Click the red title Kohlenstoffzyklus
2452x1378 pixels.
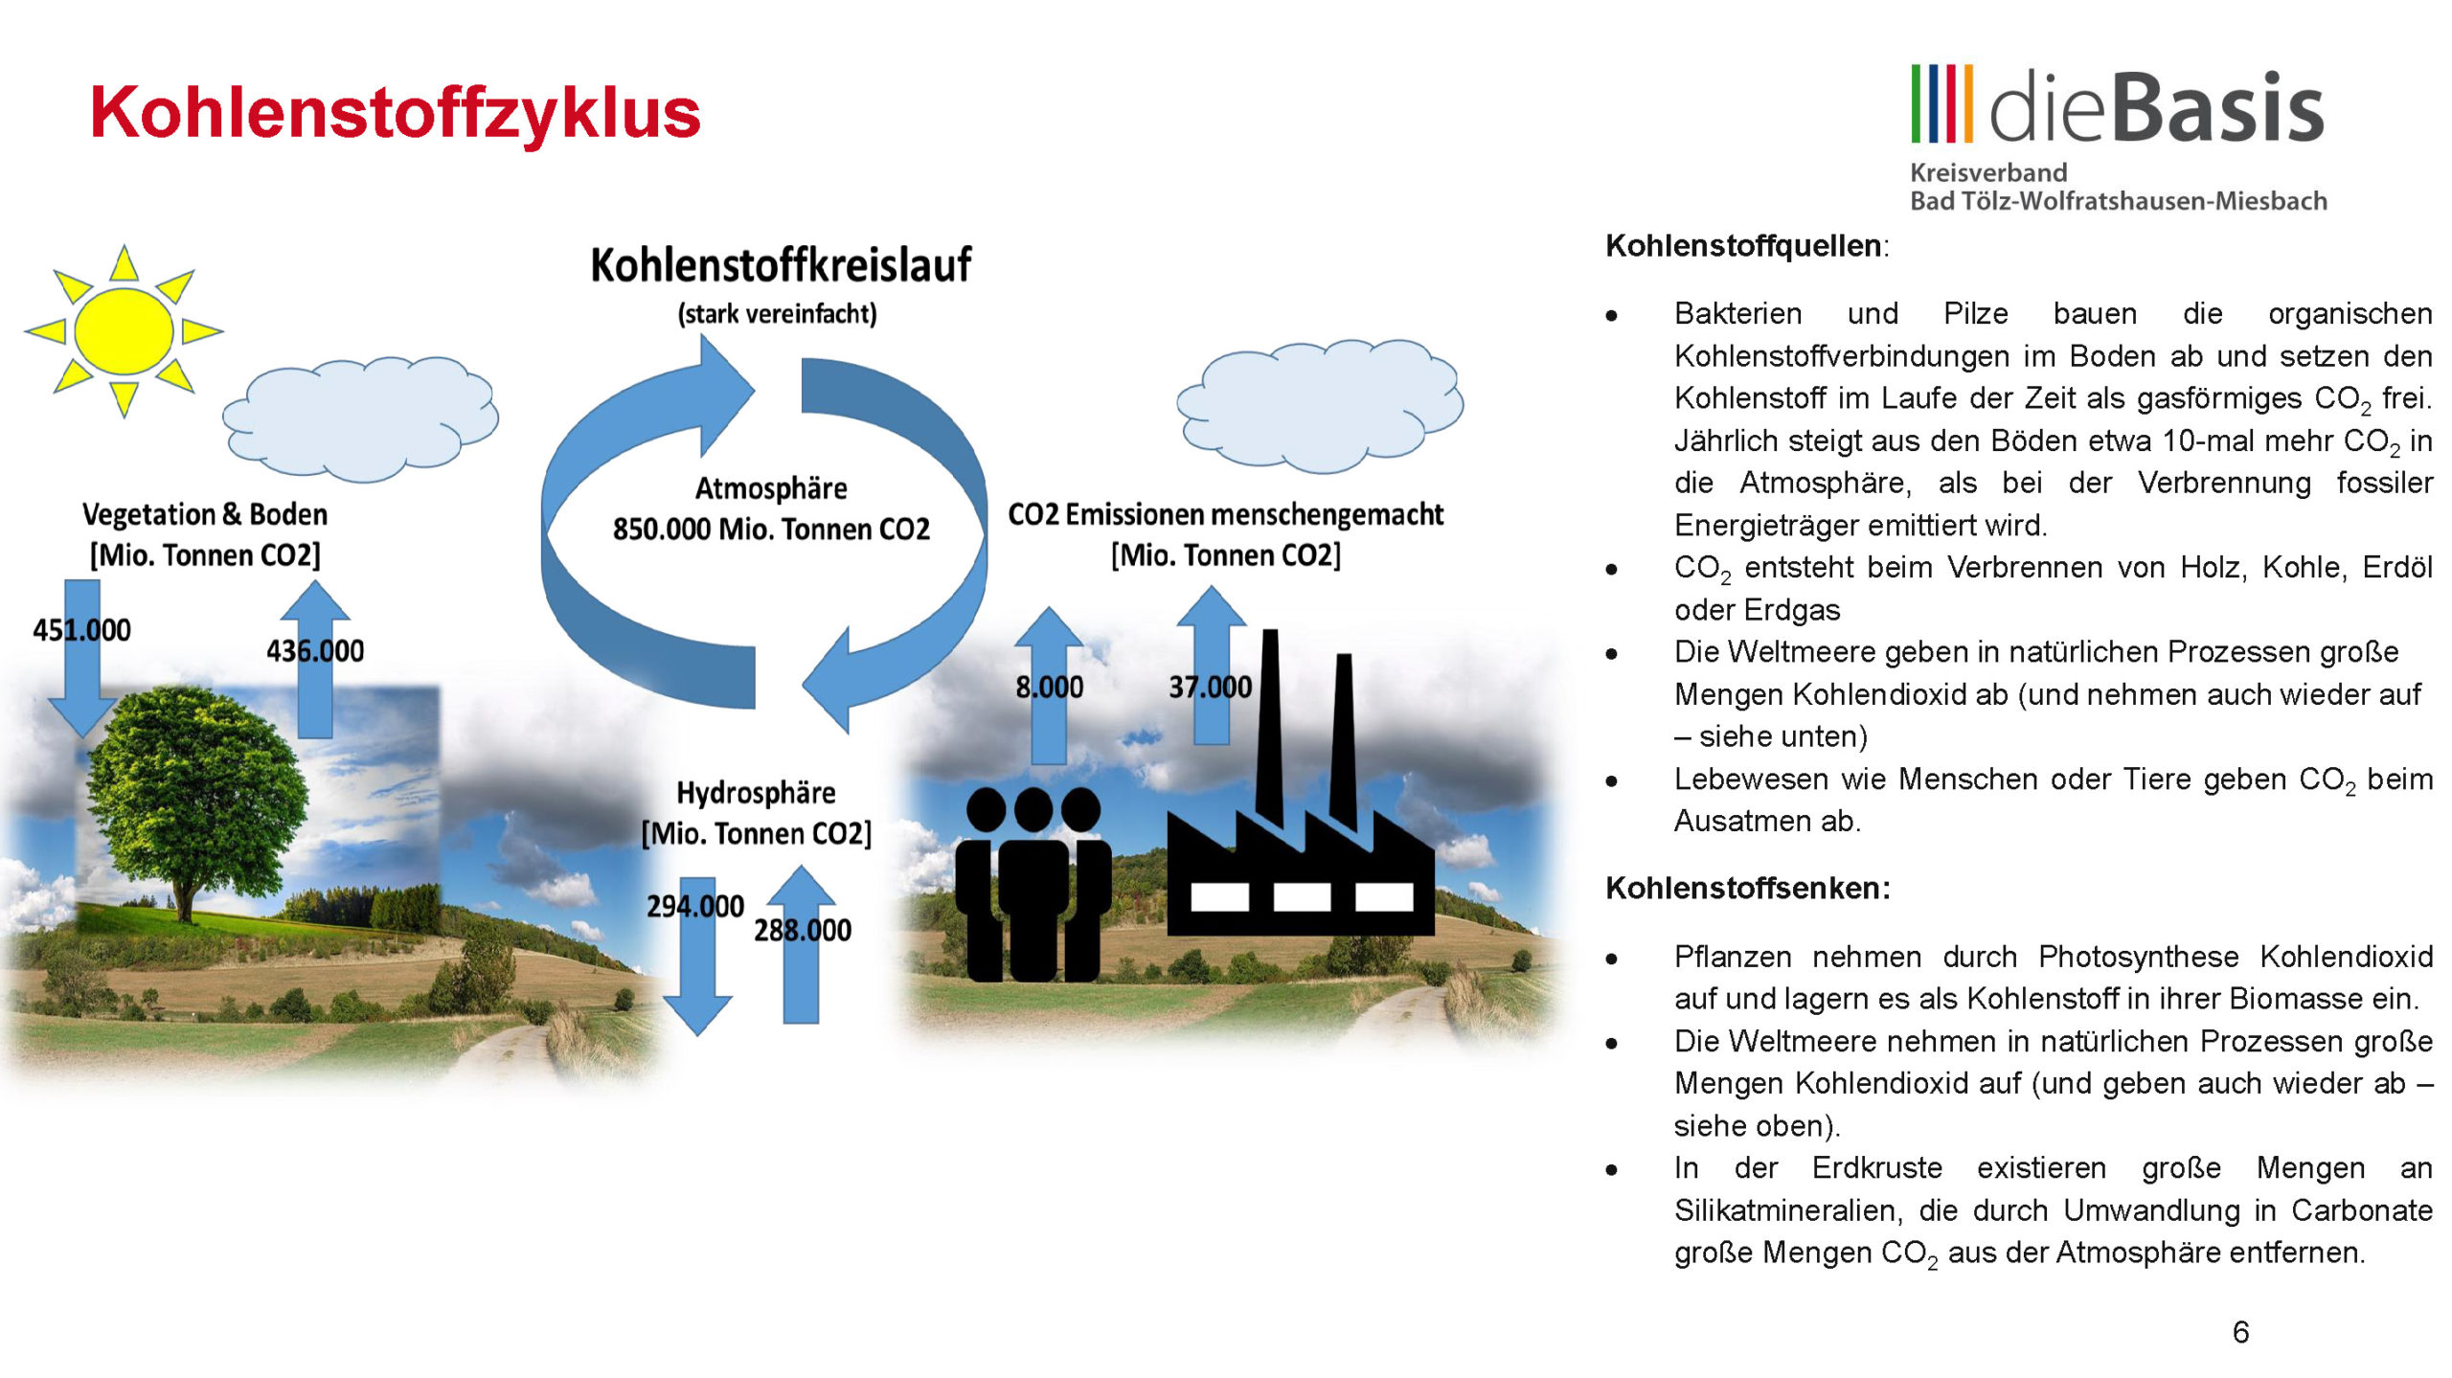[396, 113]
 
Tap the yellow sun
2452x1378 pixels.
[124, 330]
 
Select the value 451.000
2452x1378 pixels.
[81, 630]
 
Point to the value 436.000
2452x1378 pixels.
[315, 651]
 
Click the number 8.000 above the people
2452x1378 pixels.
[1050, 687]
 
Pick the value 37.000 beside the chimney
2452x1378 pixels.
[1211, 687]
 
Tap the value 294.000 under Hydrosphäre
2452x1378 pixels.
[695, 906]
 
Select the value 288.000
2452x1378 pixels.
[803, 930]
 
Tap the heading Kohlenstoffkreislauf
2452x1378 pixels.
[781, 265]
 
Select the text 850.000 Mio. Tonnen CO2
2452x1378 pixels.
[771, 529]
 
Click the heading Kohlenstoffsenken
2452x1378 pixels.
[1748, 888]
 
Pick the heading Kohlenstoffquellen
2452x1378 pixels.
[1744, 246]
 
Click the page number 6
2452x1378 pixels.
[2240, 1332]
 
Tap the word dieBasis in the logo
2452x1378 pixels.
[2157, 107]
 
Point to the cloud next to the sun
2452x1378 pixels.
[361, 419]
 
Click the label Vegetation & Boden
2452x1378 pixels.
[205, 514]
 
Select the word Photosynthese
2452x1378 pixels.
[2139, 957]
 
